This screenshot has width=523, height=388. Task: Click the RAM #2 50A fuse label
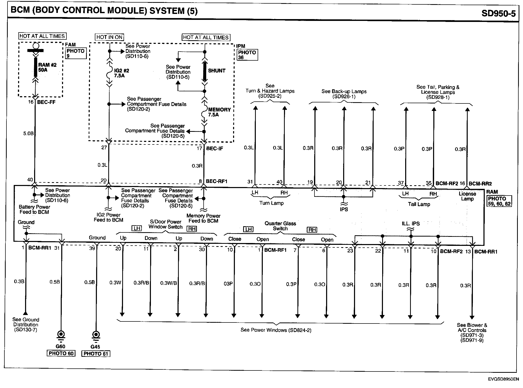(47, 67)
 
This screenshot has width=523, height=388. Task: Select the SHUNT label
(217, 70)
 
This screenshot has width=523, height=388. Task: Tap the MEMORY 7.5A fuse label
(219, 112)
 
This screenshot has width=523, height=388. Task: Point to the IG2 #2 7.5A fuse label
(121, 73)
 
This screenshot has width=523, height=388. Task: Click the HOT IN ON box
(109, 37)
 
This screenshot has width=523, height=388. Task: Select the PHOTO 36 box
(247, 55)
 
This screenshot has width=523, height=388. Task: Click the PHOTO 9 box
(75, 53)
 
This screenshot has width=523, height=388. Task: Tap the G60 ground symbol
(61, 335)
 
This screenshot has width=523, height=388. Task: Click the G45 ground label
(95, 347)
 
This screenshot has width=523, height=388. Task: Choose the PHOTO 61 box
(96, 353)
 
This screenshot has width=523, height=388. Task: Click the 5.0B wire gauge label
(28, 133)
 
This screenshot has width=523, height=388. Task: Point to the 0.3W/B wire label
(168, 283)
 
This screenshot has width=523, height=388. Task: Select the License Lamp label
(467, 196)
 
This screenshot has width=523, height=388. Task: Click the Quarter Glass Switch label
(280, 226)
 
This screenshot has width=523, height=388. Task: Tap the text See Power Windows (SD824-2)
(276, 330)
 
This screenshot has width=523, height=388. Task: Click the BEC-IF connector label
(214, 149)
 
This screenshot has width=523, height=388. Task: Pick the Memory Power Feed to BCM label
(203, 218)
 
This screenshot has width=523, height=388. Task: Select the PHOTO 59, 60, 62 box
(499, 201)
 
